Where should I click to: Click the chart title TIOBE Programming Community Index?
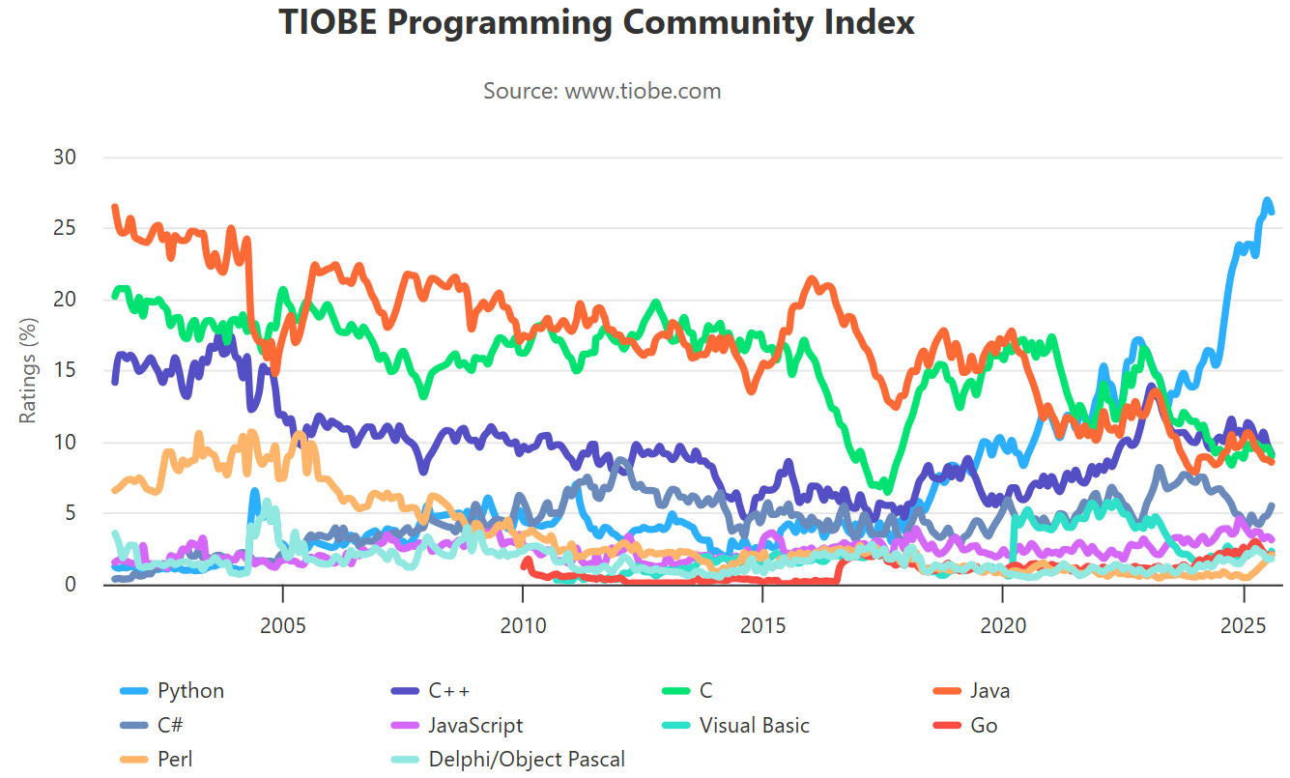(x=596, y=23)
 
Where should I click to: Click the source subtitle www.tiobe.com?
(x=602, y=91)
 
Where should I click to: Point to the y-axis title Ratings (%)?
(x=28, y=372)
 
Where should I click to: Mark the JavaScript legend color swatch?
(x=405, y=726)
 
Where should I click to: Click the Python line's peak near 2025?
(x=1267, y=201)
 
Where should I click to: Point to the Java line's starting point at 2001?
(x=115, y=207)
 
